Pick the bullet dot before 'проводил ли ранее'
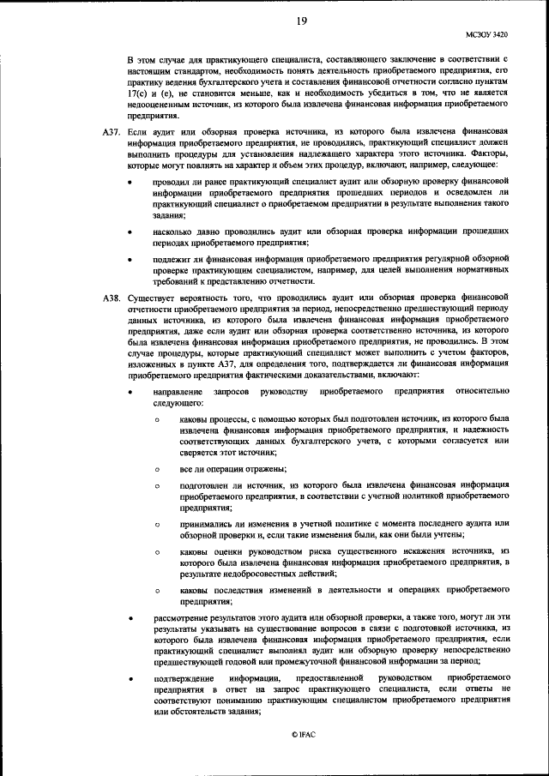pyautogui.click(x=130, y=183)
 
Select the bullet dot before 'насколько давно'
pyautogui.click(x=130, y=232)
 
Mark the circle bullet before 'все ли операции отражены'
pyautogui.click(x=157, y=470)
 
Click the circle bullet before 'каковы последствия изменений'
pyautogui.click(x=157, y=592)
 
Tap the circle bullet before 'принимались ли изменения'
pyautogui.click(x=157, y=523)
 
